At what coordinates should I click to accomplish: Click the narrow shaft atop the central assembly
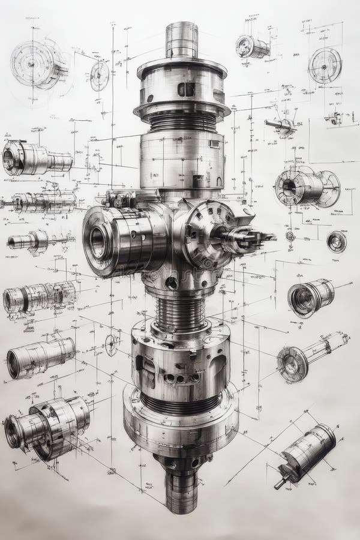click(181, 40)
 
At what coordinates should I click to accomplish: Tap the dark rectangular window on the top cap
click(186, 89)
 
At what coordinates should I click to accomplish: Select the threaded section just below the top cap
click(182, 122)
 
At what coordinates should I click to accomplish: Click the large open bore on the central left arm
click(98, 241)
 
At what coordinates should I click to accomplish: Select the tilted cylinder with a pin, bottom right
click(306, 453)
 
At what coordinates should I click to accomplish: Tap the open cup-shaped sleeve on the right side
click(310, 297)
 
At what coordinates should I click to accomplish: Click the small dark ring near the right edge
click(336, 241)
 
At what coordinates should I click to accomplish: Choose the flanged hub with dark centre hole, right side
click(306, 187)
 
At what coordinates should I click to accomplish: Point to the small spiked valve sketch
click(282, 125)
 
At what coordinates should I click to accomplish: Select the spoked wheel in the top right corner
click(325, 65)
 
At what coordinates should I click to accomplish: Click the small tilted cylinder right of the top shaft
click(252, 47)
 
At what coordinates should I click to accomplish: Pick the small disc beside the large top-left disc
click(100, 76)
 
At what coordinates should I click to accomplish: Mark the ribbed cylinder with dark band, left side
click(39, 297)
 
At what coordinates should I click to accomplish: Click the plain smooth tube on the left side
click(41, 358)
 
